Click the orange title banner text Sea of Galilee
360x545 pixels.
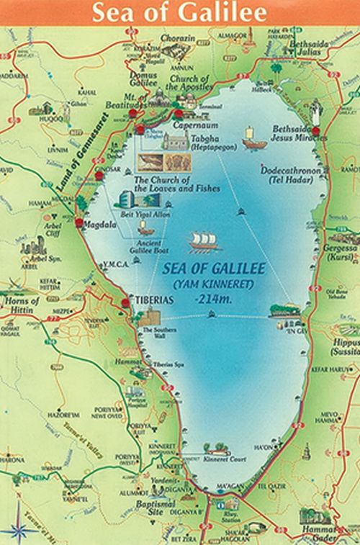click(180, 12)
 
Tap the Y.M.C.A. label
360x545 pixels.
click(115, 263)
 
